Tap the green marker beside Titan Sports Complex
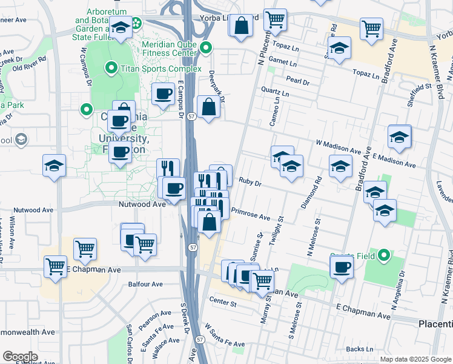tap(111, 68)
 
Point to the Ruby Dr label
tap(250, 182)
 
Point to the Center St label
tap(220, 300)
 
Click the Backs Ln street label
tap(360, 349)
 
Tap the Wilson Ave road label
tap(12, 227)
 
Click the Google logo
tap(20, 357)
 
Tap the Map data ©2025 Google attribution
tap(415, 359)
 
